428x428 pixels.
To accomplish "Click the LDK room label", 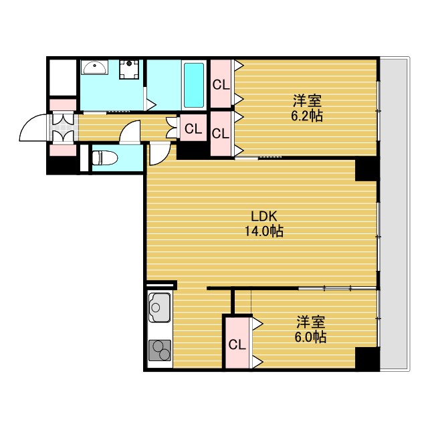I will coord(264,217).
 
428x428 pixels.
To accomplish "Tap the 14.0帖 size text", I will coord(264,231).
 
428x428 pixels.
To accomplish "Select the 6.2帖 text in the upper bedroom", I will coord(307,116).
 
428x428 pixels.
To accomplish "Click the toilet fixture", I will coord(106,158).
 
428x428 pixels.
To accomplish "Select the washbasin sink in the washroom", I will coord(94,67).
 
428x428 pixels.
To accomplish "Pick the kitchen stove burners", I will coord(159,350).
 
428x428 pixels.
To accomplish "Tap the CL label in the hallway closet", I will coord(193,129).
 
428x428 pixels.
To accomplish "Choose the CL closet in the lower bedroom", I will coord(237,345).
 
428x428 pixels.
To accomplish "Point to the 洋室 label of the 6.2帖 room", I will coord(307,101).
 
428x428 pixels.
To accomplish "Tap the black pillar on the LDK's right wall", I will coord(366,170).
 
